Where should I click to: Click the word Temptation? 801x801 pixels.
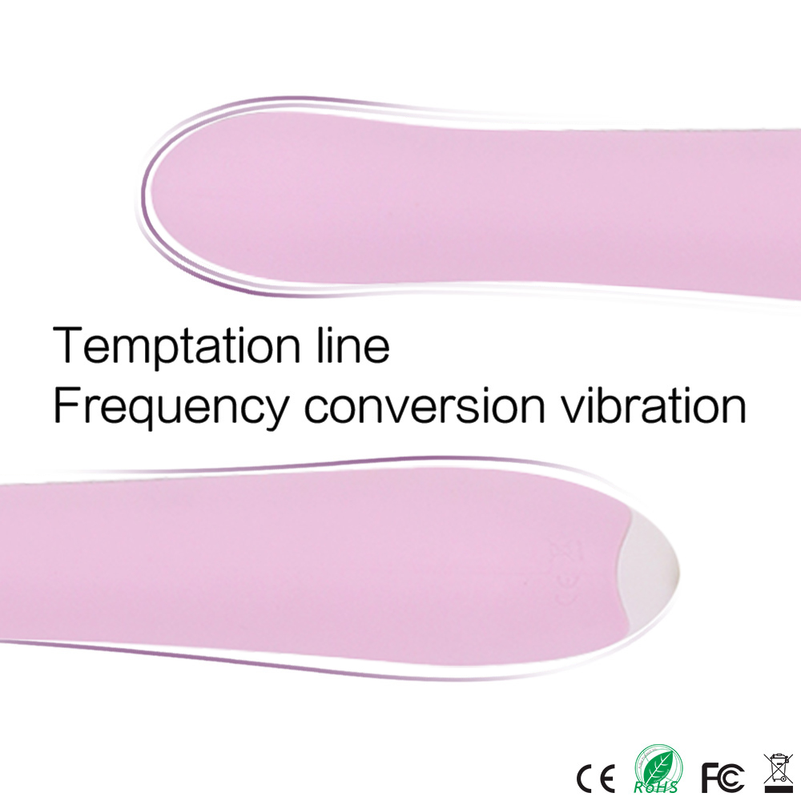click(x=176, y=345)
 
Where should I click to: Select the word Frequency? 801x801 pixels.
click(x=171, y=407)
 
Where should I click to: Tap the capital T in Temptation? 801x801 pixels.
click(x=67, y=344)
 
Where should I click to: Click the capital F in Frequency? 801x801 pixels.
click(x=66, y=405)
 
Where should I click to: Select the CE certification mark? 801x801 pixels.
click(x=595, y=779)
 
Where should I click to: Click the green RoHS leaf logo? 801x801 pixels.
click(x=658, y=768)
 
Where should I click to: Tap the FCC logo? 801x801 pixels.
click(x=723, y=778)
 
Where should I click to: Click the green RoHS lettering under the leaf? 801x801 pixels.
click(x=655, y=787)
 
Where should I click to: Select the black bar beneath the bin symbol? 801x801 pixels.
click(x=778, y=789)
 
